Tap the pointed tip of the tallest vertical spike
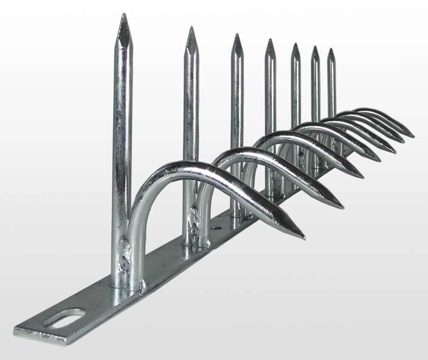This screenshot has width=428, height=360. [x=124, y=15]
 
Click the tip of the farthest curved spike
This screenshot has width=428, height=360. [x=413, y=136]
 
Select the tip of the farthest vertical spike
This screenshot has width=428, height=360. [x=330, y=49]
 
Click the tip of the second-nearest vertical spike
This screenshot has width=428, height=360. [x=191, y=28]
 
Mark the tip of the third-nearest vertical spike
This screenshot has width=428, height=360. [x=237, y=35]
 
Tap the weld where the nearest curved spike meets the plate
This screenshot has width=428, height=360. [x=142, y=286]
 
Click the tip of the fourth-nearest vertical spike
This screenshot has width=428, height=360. [x=270, y=40]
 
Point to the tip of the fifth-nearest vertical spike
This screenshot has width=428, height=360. [x=295, y=44]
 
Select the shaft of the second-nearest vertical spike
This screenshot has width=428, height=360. [x=191, y=128]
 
